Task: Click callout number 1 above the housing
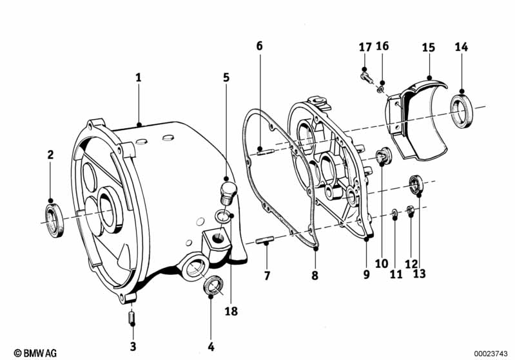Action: tap(138, 77)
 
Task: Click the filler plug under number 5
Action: tap(226, 190)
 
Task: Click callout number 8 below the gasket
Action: tap(315, 275)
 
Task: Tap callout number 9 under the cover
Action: tap(366, 275)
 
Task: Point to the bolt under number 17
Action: tap(364, 76)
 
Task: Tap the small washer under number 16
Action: tap(381, 85)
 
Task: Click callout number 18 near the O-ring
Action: tap(231, 312)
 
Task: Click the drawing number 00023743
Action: tap(491, 353)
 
